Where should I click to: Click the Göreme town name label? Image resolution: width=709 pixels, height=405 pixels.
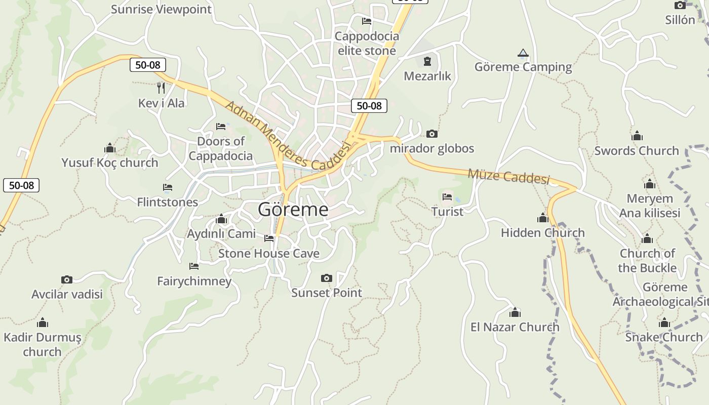(x=293, y=209)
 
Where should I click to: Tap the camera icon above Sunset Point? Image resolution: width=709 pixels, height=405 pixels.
(x=327, y=278)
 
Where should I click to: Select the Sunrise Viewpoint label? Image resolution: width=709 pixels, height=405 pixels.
(x=161, y=9)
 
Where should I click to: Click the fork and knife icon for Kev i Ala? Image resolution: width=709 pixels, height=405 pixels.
(x=161, y=88)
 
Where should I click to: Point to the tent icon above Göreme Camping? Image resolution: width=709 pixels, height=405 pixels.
(x=523, y=53)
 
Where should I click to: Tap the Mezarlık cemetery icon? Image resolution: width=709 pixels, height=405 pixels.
(x=427, y=62)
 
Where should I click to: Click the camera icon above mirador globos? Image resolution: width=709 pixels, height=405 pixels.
(x=432, y=134)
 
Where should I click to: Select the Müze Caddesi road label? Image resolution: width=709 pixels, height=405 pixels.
(x=508, y=176)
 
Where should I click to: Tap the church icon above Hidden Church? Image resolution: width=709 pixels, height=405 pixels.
(x=543, y=218)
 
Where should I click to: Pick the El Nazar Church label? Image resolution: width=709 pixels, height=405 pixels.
(x=515, y=327)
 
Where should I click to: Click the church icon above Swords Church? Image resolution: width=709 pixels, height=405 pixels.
(x=637, y=136)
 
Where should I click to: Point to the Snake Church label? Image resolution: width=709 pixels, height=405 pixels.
(x=664, y=337)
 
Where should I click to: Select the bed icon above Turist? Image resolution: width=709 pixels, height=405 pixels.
(x=447, y=196)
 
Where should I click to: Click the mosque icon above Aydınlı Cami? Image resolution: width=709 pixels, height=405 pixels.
(x=221, y=219)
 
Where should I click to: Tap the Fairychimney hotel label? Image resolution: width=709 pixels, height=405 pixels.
(x=194, y=281)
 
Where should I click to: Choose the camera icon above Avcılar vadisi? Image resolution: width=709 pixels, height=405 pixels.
(x=67, y=279)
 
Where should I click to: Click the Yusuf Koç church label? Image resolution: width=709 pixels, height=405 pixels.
(x=110, y=163)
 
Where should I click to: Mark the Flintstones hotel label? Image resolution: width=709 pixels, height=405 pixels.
(x=168, y=202)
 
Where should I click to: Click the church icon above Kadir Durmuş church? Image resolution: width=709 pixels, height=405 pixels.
(x=43, y=322)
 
